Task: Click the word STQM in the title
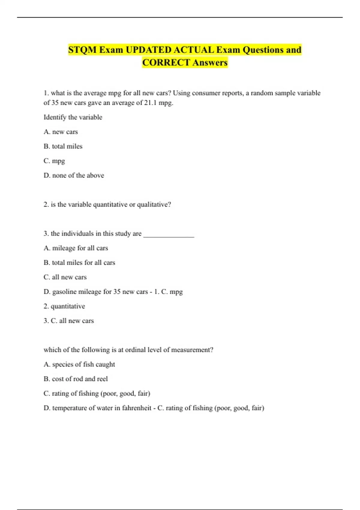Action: (82, 50)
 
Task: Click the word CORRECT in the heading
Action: (166, 63)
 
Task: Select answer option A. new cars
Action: (61, 132)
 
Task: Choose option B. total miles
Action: (63, 146)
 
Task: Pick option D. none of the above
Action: (74, 175)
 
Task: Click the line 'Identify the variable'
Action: (73, 117)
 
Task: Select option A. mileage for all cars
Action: (76, 248)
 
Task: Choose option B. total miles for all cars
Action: (79, 263)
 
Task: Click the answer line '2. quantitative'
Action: (64, 306)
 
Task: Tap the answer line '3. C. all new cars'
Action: (69, 321)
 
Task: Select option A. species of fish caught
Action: (79, 364)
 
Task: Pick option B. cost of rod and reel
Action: (76, 379)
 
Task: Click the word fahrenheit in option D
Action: (136, 408)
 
